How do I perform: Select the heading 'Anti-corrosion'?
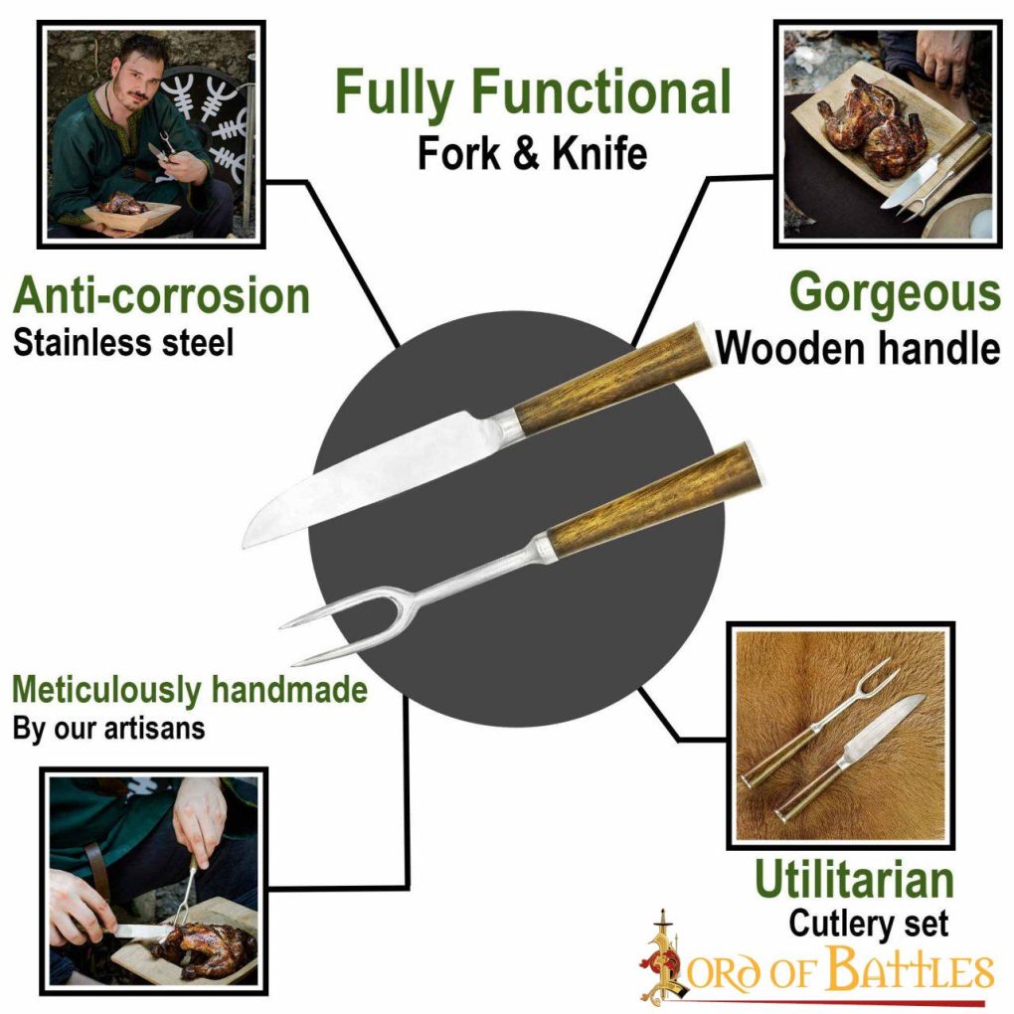coord(161,296)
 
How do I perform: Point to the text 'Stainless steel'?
coord(123,343)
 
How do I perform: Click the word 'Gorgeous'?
coord(894,293)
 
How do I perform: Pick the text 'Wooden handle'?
coord(858,348)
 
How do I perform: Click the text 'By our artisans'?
coord(109,727)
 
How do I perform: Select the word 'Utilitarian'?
coord(854,881)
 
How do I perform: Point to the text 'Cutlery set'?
coord(868,924)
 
